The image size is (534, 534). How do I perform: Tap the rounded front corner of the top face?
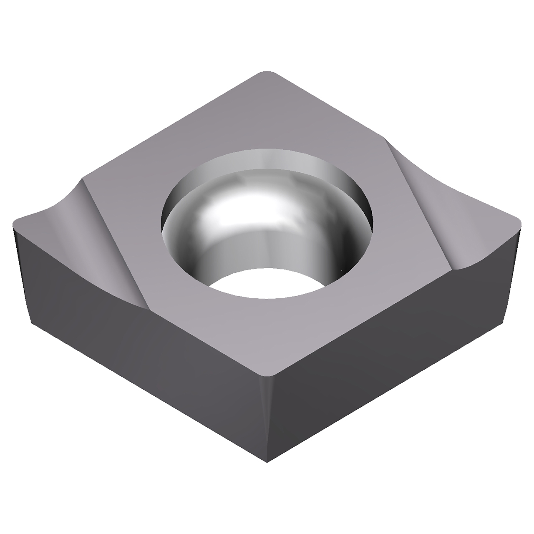pyautogui.click(x=267, y=371)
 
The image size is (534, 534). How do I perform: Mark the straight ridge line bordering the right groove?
pyautogui.click(x=417, y=204)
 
